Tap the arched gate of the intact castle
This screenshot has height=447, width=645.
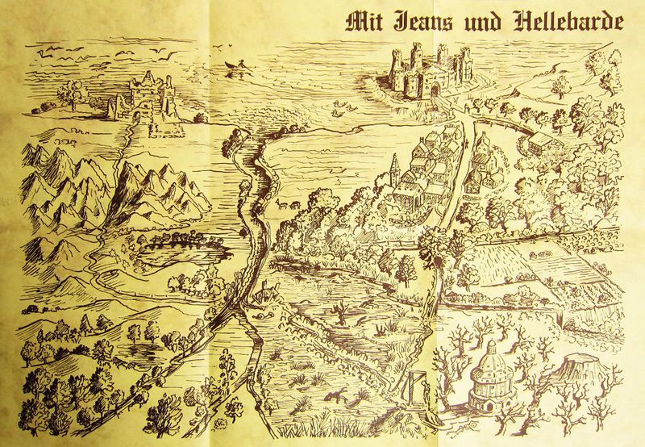(435, 90)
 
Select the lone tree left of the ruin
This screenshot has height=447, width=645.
(74, 95)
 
